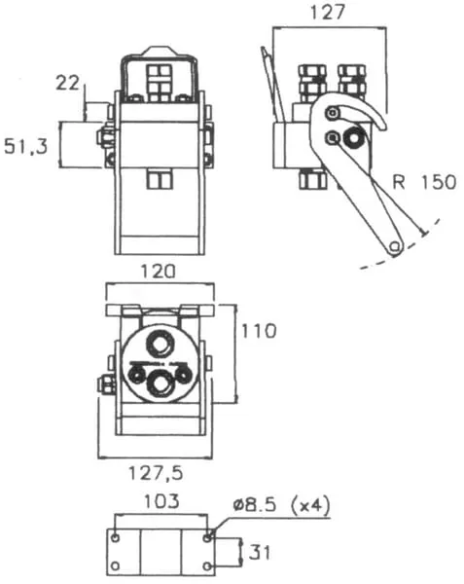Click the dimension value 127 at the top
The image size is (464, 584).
328,12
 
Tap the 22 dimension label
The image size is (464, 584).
67,83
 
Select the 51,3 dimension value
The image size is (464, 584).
26,146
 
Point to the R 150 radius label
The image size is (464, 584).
424,182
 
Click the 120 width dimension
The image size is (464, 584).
158,272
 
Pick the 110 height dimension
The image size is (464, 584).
259,331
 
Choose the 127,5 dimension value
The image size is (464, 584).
156,473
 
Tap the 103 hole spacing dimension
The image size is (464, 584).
161,501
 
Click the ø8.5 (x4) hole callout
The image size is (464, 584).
282,505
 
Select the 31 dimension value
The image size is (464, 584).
259,552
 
